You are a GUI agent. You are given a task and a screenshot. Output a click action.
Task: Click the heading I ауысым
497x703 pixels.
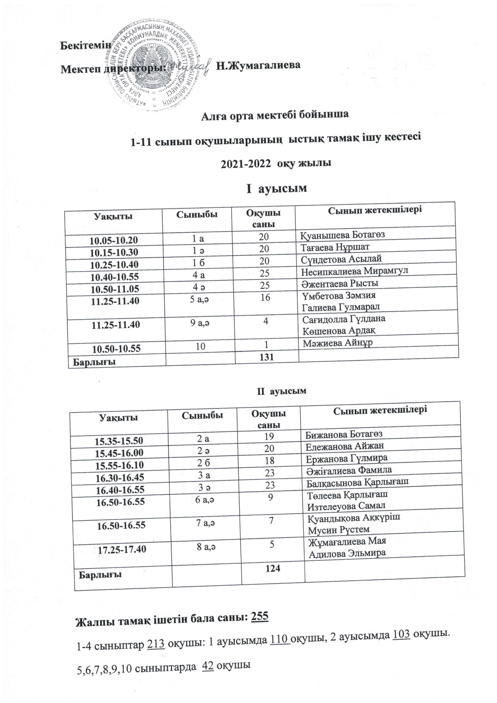tap(276, 187)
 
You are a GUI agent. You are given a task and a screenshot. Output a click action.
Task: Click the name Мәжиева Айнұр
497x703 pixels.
tap(337, 343)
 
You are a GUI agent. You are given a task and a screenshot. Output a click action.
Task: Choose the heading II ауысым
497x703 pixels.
tap(281, 391)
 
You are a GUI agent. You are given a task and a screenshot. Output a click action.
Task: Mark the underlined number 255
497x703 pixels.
tap(259, 617)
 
